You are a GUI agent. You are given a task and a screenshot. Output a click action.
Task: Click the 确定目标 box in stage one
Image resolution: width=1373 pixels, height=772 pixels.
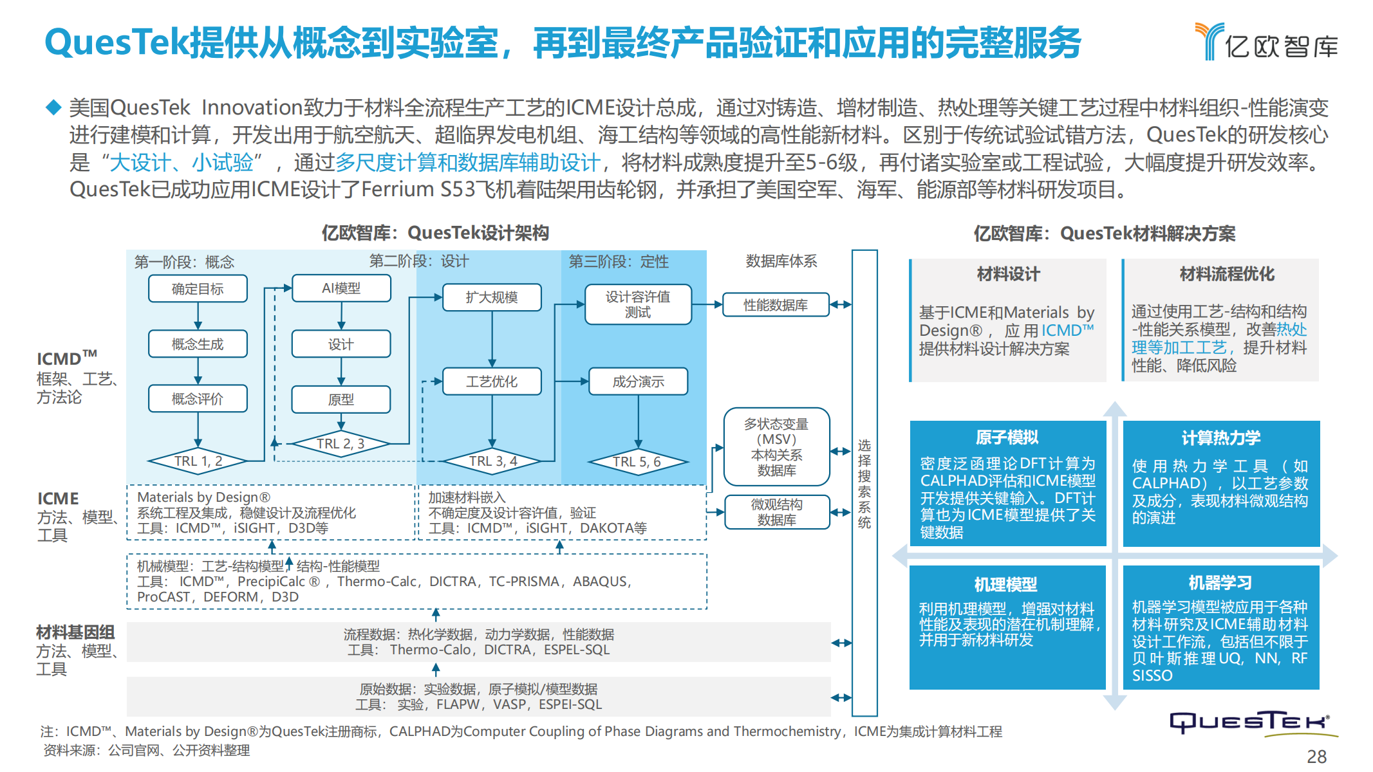198,289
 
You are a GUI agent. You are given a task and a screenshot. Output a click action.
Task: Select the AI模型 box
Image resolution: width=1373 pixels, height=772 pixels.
341,288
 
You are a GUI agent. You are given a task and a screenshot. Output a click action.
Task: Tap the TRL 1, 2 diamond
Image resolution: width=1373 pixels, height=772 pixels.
198,461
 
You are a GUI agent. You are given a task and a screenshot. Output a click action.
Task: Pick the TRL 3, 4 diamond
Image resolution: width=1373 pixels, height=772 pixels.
492,461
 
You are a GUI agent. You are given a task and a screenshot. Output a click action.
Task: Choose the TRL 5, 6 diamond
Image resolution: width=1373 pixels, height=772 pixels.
637,461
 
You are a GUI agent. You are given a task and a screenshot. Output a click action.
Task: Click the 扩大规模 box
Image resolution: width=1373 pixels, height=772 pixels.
492,297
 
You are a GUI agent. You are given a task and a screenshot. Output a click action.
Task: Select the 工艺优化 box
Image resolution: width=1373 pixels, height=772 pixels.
492,381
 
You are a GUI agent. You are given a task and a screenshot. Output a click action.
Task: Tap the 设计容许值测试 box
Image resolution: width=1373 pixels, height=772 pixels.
638,304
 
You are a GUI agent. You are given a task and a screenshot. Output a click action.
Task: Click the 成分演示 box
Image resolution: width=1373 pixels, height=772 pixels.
638,381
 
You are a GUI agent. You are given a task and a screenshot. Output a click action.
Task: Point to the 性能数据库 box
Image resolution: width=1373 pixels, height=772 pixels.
776,305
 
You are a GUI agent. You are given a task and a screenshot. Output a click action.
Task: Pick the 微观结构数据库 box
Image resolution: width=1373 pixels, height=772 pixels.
776,512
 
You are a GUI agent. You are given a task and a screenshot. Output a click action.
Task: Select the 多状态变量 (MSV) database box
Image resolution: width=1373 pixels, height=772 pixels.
776,446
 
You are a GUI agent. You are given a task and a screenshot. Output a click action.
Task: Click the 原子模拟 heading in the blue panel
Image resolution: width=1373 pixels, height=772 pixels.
1007,437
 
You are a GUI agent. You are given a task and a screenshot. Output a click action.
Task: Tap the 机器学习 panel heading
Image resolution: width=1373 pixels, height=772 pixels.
1220,583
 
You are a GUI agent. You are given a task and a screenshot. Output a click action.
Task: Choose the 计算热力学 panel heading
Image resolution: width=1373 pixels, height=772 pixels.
1220,438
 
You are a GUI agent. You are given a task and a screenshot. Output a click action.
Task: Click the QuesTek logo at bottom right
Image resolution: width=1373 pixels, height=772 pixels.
1250,723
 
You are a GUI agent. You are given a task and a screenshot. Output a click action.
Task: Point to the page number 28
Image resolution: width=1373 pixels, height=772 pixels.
1316,757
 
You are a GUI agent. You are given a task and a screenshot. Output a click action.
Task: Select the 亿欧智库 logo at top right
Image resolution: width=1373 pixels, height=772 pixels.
1266,42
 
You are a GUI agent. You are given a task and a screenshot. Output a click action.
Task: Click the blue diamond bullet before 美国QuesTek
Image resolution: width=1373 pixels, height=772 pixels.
53,107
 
